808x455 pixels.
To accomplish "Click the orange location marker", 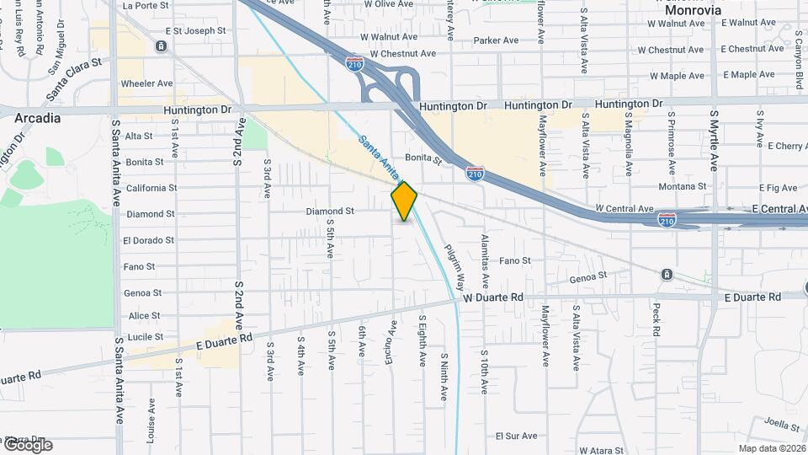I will (x=405, y=201).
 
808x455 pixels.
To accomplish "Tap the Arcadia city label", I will (x=37, y=119).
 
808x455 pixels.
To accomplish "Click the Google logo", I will (x=27, y=445).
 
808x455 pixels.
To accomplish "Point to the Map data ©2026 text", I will (x=771, y=448).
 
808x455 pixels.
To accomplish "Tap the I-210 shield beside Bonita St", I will (x=476, y=174).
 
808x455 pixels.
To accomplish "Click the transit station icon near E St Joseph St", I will (x=160, y=45).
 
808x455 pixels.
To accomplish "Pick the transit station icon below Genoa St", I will (x=667, y=275).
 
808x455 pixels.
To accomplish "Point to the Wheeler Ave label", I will (x=146, y=83).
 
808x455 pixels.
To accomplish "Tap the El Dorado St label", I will (x=148, y=240).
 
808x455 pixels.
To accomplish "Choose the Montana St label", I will (x=682, y=186).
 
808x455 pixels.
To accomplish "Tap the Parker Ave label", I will (x=496, y=40).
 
